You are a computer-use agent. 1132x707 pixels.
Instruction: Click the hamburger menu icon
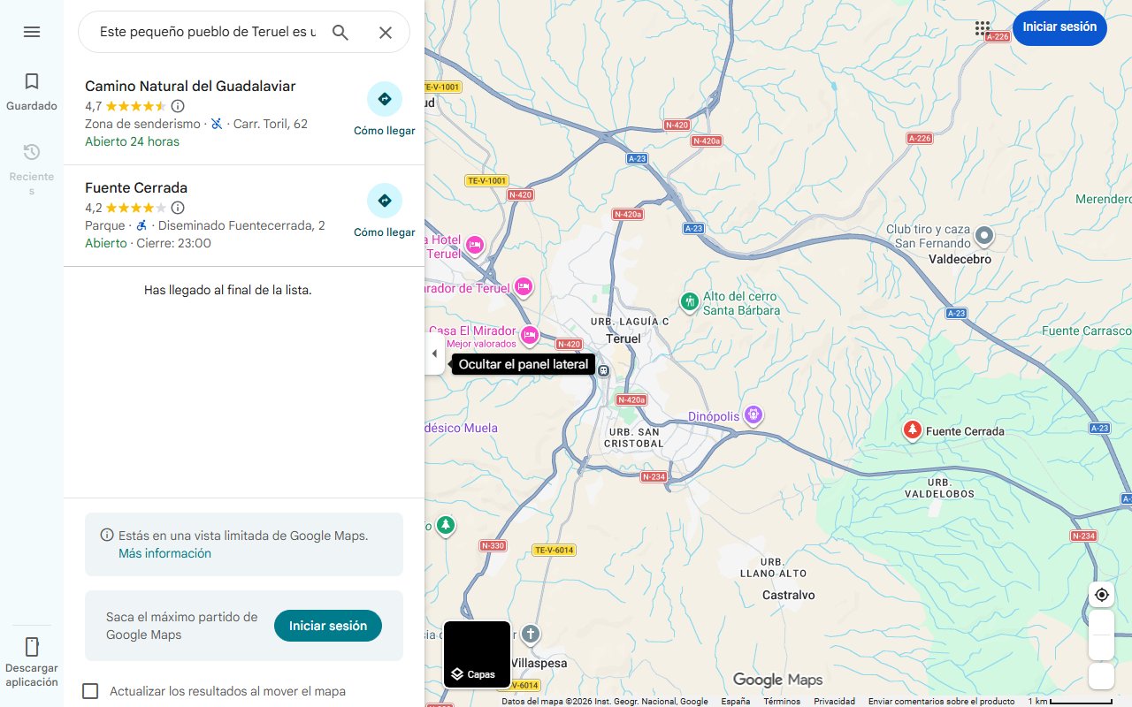[x=32, y=32]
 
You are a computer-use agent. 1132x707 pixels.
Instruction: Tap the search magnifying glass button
[x=340, y=33]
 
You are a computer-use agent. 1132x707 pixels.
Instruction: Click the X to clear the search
[x=386, y=33]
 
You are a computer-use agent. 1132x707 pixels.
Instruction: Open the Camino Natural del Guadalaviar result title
[x=190, y=86]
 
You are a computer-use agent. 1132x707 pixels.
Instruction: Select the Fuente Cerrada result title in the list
[x=136, y=187]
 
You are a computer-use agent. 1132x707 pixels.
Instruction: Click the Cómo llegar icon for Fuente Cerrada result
[x=384, y=201]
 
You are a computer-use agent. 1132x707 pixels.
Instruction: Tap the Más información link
[x=164, y=553]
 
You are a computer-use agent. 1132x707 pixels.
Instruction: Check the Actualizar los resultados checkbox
[x=90, y=691]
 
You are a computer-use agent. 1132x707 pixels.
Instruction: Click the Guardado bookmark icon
[x=32, y=82]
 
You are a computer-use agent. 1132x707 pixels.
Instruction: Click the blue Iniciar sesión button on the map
[x=1059, y=27]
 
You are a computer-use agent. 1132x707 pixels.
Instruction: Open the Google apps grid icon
[x=983, y=28]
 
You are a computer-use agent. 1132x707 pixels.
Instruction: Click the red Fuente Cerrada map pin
[x=912, y=430]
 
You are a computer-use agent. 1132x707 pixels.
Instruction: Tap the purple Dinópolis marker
[x=753, y=414]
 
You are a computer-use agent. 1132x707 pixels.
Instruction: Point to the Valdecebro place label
[x=960, y=260]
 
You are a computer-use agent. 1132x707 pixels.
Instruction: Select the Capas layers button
[x=477, y=655]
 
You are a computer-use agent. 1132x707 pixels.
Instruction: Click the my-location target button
[x=1101, y=595]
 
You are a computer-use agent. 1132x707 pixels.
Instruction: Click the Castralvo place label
[x=788, y=595]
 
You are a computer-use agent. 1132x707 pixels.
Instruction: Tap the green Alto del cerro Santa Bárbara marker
[x=690, y=301]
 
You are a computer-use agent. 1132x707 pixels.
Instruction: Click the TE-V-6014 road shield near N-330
[x=555, y=550]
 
